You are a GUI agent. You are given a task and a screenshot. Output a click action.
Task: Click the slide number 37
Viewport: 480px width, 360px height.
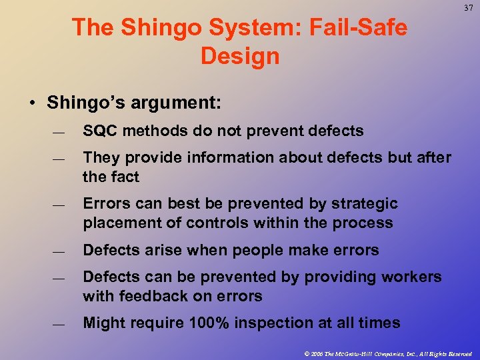[467, 9]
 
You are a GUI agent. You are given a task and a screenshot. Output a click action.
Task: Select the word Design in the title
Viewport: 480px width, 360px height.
[239, 56]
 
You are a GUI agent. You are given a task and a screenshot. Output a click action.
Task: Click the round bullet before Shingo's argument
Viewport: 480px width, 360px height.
[32, 103]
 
